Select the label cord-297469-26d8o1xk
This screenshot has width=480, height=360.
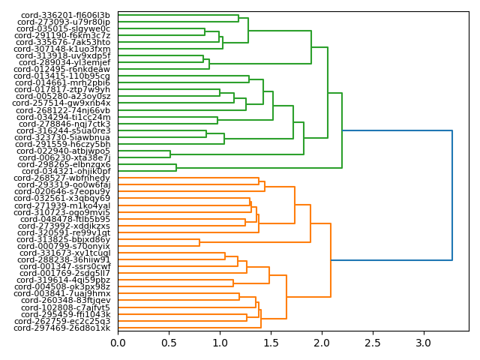(62, 328)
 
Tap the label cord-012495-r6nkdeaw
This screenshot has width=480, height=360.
(63, 69)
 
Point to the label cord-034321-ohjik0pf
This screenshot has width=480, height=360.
(66, 171)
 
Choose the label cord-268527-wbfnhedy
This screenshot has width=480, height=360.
(65, 178)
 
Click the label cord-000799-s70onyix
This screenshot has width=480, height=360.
(65, 246)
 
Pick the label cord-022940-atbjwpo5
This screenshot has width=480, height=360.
(64, 151)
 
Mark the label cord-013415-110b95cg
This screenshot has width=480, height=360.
(62, 76)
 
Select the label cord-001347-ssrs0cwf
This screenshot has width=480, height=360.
(65, 266)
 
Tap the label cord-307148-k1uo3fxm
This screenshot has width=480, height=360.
(63, 49)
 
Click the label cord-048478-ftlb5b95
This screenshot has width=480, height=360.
(65, 219)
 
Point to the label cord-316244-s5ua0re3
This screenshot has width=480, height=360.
(64, 130)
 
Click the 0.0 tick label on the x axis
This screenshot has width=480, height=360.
(118, 343)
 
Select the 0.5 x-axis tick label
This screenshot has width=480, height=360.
(169, 343)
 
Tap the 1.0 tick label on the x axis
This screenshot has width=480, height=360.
(220, 343)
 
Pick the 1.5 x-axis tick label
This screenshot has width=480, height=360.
(271, 343)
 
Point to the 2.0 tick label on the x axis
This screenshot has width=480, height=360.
(322, 343)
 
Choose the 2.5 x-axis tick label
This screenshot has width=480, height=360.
(373, 343)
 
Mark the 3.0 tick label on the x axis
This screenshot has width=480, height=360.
(424, 343)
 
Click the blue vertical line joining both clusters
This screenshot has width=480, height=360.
(452, 195)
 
